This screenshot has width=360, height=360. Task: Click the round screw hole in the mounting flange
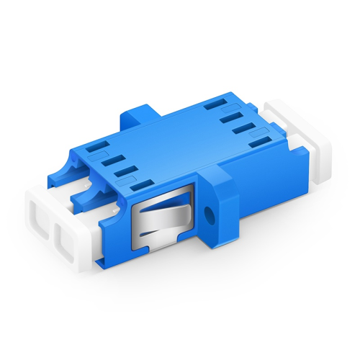coord(210,214)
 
